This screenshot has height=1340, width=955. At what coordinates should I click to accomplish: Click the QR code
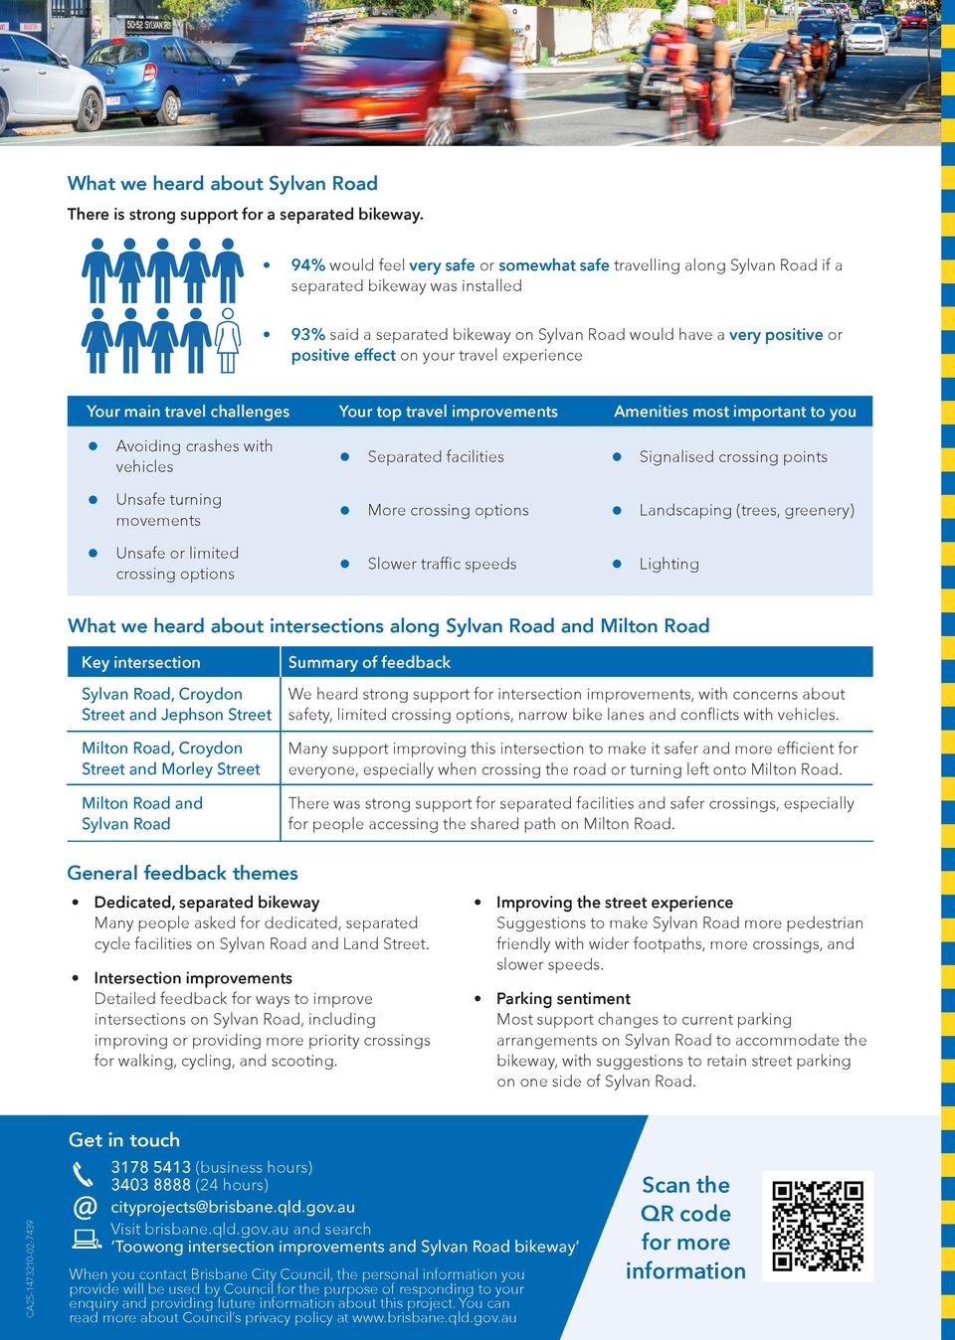818,1226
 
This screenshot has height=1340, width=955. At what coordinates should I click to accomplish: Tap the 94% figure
307,265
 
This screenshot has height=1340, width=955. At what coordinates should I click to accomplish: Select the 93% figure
307,335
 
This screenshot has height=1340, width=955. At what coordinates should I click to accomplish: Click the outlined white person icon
228,340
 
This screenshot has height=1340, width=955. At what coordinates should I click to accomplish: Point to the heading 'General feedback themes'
182,873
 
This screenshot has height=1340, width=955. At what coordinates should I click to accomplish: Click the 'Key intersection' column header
140,662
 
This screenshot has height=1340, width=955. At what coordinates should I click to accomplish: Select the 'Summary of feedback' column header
369,662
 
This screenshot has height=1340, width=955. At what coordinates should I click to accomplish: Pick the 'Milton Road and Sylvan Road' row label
141,813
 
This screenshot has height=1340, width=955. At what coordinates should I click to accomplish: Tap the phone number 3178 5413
150,1167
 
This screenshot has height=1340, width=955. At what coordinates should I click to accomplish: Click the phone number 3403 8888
150,1185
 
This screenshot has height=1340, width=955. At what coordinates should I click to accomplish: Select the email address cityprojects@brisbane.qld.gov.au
232,1207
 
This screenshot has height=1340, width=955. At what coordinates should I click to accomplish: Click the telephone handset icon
84,1174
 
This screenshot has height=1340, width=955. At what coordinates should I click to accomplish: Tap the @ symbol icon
86,1207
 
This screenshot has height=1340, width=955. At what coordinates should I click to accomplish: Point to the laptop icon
87,1238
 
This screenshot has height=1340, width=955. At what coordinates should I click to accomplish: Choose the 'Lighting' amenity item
668,564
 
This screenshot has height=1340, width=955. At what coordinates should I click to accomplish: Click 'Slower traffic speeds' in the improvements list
442,564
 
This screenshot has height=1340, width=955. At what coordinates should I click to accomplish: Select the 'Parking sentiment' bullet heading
563,998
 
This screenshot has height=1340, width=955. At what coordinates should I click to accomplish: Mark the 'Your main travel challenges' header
188,412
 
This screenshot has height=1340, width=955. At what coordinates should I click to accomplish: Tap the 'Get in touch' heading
124,1140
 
